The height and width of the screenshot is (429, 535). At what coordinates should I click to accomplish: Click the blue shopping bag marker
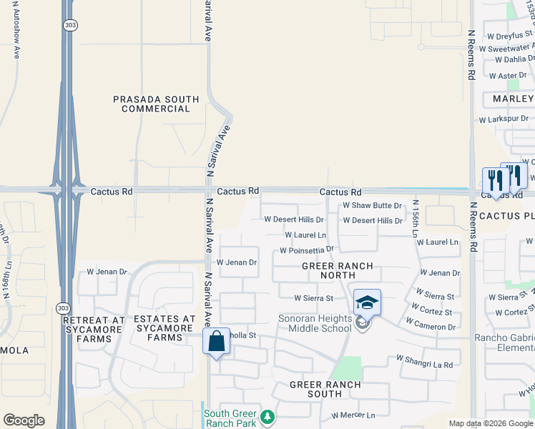[x=216, y=341]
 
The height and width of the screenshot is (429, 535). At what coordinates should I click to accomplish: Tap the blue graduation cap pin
[x=367, y=302]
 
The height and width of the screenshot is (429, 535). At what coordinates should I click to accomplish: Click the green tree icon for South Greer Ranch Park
[x=267, y=417]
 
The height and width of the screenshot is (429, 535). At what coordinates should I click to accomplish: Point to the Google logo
[x=24, y=420]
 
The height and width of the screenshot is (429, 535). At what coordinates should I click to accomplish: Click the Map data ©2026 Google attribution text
[x=490, y=423]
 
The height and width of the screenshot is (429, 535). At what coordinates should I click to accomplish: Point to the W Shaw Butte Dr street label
[x=373, y=205]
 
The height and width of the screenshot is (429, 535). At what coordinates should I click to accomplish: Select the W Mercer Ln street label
[x=353, y=415]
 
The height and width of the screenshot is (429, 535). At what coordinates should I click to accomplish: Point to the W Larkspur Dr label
[x=504, y=119]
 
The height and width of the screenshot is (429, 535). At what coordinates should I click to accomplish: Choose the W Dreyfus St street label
[x=506, y=33]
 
